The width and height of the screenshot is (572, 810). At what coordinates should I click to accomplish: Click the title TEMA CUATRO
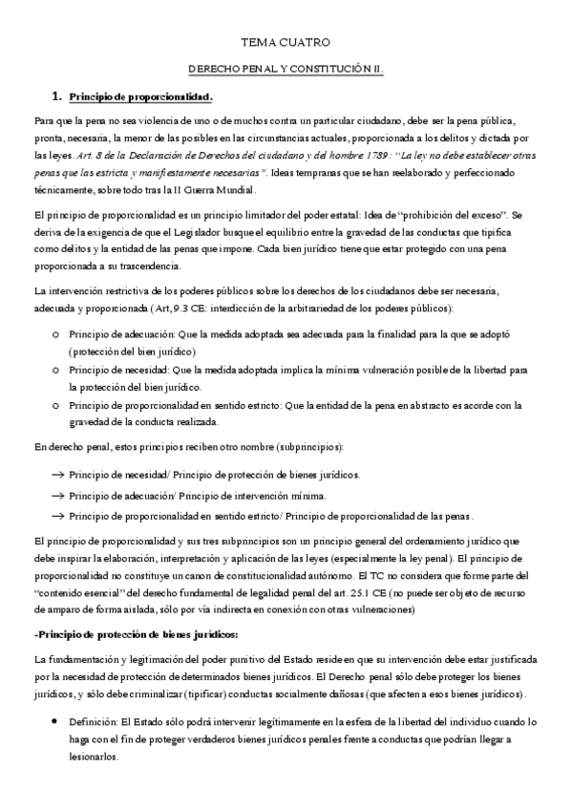(285, 43)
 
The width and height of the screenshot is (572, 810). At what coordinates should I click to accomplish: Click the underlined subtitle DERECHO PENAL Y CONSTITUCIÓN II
(285, 70)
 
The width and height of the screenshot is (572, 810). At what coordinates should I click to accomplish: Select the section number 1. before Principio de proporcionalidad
(56, 96)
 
